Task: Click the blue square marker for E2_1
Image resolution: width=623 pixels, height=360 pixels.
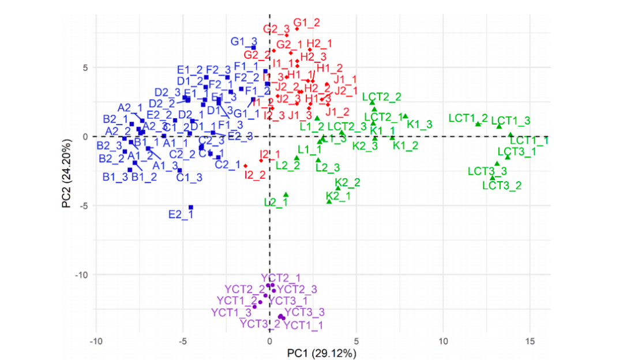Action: pos(191,207)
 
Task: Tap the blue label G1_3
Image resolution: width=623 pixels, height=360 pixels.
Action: pos(243,42)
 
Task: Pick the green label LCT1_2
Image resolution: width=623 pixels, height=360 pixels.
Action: pos(468,118)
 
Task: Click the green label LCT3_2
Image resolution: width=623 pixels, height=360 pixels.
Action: pos(502,185)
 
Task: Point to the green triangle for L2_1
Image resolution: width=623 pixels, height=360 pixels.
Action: pos(286,195)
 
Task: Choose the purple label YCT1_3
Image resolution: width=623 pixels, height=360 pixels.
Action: pos(231,313)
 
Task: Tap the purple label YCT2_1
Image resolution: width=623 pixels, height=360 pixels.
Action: pos(280,278)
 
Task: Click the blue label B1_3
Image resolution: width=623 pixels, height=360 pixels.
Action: pos(115,177)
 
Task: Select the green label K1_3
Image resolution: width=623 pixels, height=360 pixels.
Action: pos(419,124)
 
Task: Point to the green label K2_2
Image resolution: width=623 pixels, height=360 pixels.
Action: pos(347,182)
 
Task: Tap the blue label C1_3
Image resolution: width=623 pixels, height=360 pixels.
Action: pos(189,177)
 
